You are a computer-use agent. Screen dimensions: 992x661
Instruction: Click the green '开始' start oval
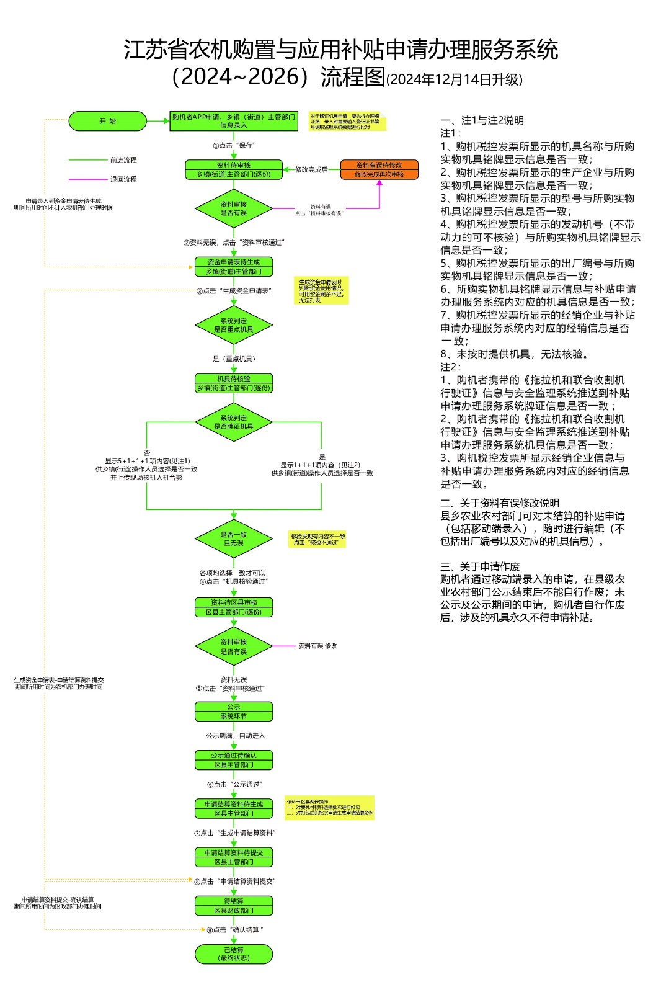(107, 121)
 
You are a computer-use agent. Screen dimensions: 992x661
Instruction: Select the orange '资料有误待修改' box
(379, 169)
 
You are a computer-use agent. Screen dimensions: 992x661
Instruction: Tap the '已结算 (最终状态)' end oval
(234, 954)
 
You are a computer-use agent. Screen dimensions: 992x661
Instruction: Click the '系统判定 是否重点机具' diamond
(234, 325)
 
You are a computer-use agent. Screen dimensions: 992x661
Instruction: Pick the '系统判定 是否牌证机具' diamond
(234, 422)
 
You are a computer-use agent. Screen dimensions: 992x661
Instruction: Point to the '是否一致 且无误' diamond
(234, 538)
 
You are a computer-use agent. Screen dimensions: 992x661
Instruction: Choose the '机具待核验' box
(234, 383)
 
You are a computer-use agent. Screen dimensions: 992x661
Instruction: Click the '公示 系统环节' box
(234, 712)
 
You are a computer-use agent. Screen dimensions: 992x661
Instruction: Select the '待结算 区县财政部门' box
(234, 906)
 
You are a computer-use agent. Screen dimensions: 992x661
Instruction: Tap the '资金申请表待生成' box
(234, 267)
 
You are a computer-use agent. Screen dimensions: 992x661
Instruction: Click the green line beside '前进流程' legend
(87, 160)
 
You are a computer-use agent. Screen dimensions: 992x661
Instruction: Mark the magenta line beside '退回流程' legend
(87, 179)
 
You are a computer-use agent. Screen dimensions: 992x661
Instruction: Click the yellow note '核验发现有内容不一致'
(317, 539)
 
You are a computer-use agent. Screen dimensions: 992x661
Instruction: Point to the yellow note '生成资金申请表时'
(321, 291)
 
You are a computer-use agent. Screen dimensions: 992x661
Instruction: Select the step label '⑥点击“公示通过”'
(235, 784)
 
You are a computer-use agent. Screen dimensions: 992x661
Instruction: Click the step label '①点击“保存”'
(234, 145)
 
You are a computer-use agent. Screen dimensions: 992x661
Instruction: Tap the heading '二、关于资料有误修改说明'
(500, 503)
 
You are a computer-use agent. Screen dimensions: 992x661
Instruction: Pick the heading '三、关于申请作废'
(480, 566)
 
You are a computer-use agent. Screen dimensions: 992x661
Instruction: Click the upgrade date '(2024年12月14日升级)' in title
(455, 80)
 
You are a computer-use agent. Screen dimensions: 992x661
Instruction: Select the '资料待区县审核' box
(234, 607)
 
